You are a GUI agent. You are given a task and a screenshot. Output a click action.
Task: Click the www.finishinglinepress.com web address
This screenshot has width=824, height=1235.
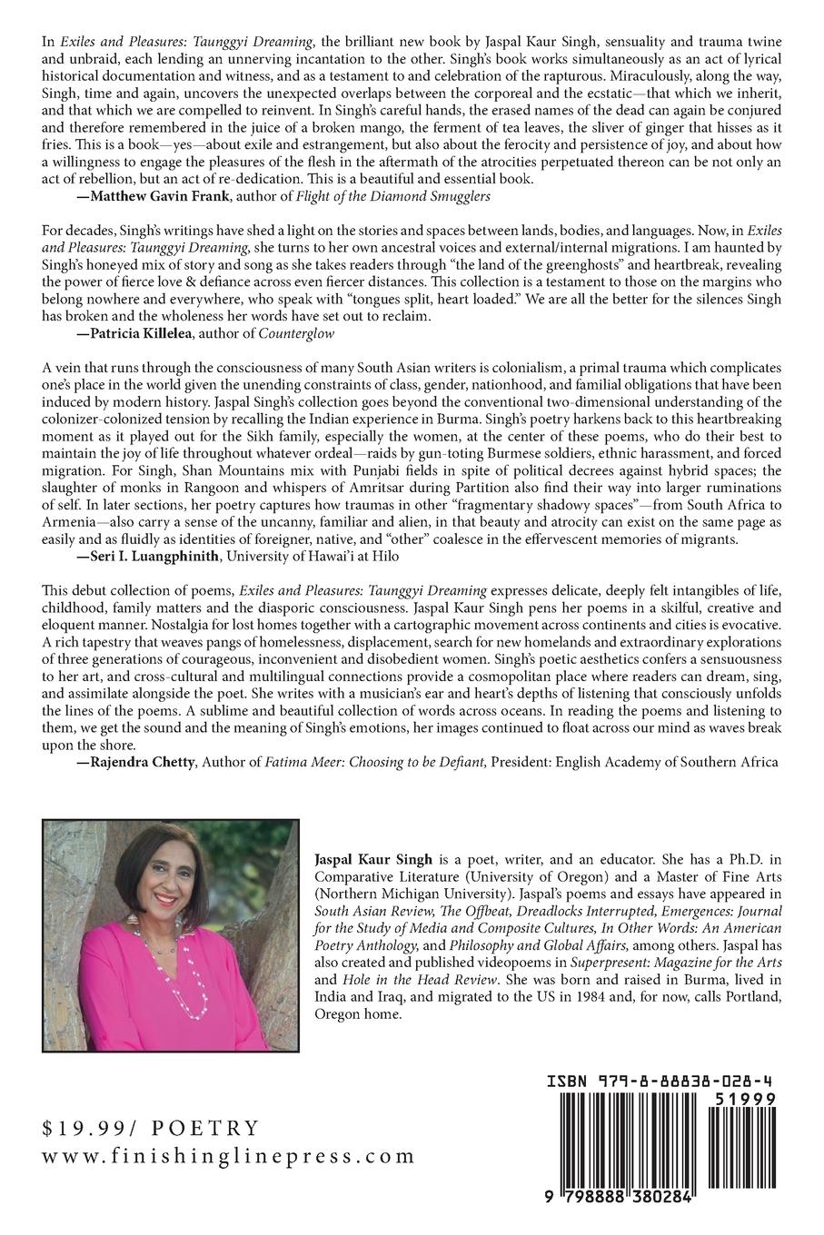tap(228, 1157)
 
